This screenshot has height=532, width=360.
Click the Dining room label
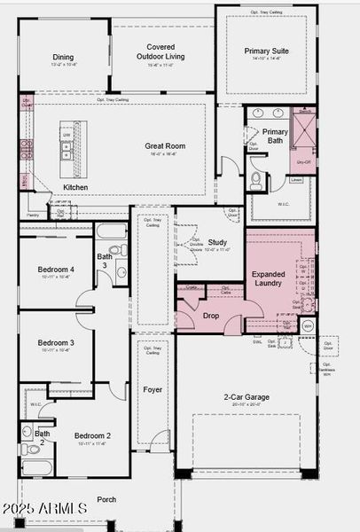(x=63, y=58)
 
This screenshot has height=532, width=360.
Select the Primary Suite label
(x=267, y=51)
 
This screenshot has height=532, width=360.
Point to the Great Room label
(x=165, y=145)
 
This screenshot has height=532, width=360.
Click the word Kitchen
(x=75, y=187)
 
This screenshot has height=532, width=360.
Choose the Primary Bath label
(x=275, y=136)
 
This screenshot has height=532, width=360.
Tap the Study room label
(x=216, y=242)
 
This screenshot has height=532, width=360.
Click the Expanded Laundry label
(x=267, y=278)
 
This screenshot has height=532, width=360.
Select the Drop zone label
(x=211, y=315)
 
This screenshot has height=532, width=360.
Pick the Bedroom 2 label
(x=92, y=435)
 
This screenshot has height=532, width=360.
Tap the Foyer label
(x=153, y=389)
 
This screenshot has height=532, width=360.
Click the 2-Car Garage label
(x=246, y=397)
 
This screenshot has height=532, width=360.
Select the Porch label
(x=106, y=499)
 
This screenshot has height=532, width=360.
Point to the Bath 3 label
(x=105, y=261)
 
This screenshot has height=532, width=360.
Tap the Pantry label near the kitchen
(x=33, y=215)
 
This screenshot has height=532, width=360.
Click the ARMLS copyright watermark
(x=44, y=507)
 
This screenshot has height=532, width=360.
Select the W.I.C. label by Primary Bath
(x=284, y=204)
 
